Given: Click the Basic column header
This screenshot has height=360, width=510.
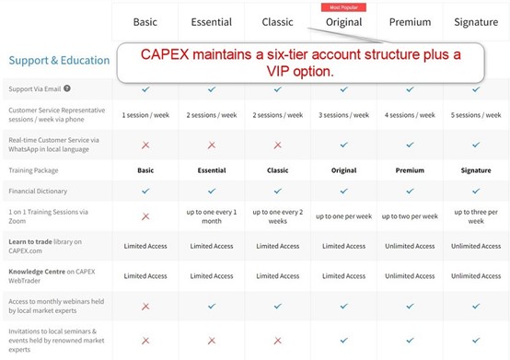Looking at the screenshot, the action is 145,21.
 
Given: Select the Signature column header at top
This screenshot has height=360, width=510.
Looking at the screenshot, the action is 476,21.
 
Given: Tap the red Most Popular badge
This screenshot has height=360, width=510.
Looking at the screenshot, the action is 343,6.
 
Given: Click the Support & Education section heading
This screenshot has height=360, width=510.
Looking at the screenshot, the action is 58,60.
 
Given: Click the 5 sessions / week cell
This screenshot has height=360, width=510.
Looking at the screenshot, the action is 476,115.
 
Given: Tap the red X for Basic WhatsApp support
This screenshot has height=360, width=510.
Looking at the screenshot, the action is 145,145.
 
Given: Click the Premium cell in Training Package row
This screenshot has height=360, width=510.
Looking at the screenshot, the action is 410,170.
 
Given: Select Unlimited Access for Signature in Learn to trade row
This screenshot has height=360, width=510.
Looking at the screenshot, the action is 476,246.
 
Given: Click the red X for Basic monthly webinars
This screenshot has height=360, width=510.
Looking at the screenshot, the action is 145,306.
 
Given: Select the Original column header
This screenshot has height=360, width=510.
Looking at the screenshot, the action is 343,22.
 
